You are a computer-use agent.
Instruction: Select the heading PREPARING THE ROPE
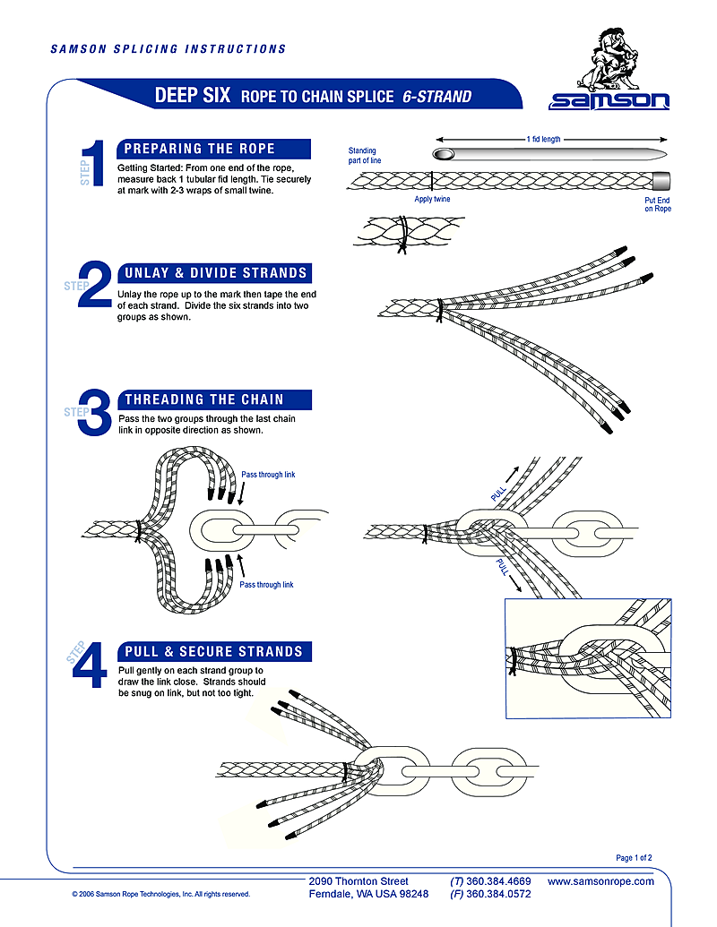200,149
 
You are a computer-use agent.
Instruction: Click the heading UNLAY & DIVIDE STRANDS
216,273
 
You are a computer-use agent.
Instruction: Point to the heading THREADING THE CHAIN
203,399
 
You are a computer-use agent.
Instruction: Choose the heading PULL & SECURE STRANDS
213,651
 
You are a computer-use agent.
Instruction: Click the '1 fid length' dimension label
550,140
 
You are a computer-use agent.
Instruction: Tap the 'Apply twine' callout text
432,199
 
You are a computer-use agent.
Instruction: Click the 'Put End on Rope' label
657,205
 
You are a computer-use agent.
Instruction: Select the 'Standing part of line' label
362,156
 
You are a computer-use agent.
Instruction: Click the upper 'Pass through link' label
268,475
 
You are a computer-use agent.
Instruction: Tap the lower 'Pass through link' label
266,585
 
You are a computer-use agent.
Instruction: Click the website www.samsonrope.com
600,881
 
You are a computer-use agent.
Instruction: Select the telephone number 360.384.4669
498,881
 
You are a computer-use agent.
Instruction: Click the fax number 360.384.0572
498,894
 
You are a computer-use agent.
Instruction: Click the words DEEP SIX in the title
193,96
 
